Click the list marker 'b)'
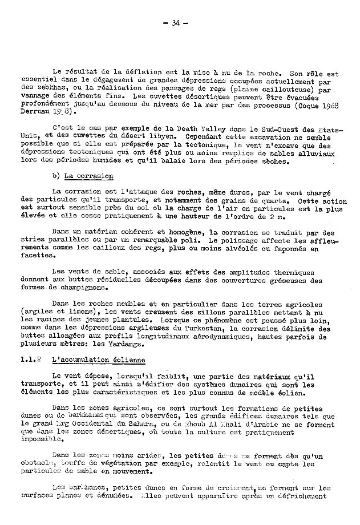[x=55, y=176]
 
